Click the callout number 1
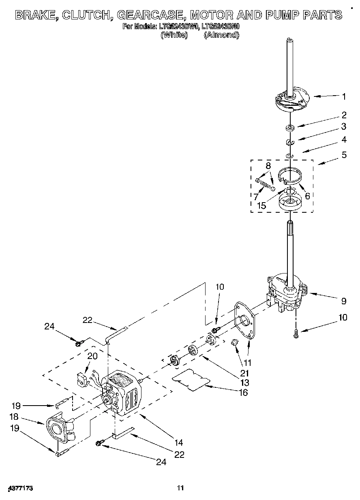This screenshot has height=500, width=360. tap(344, 96)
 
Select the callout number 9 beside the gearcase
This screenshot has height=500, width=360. tap(343, 301)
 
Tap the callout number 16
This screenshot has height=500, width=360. tap(243, 392)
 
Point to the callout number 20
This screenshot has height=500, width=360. tap(92, 356)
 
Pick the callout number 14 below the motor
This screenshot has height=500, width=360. tap(179, 442)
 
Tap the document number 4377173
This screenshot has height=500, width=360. tap(19, 488)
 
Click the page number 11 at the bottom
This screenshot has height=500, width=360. tap(180, 488)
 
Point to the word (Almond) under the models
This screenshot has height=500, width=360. tap(221, 35)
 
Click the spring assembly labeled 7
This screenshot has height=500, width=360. tap(265, 185)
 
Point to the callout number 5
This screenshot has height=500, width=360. tap(344, 154)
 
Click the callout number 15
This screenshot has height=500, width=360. tap(262, 205)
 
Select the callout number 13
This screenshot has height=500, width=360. tap(244, 382)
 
